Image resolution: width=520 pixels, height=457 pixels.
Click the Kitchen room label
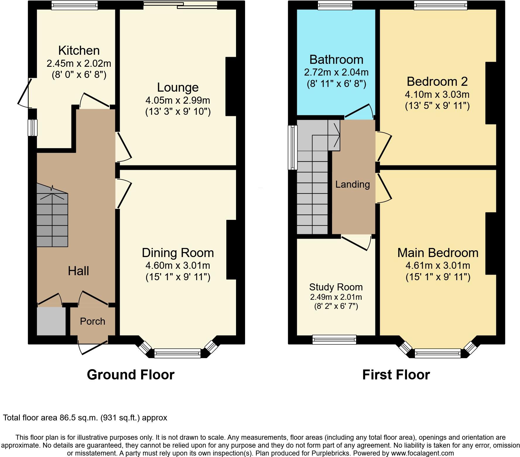click(79, 50)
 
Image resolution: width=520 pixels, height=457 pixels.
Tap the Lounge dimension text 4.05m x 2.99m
click(177, 100)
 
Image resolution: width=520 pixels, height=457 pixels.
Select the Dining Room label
click(177, 253)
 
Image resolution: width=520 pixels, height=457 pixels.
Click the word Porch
click(93, 321)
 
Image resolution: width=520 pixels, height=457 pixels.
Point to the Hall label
click(78, 271)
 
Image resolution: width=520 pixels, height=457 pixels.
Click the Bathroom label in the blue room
click(336, 59)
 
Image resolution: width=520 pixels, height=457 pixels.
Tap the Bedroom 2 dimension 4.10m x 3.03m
click(437, 94)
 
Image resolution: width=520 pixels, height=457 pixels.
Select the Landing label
click(352, 184)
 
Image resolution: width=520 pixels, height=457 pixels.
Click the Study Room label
click(336, 287)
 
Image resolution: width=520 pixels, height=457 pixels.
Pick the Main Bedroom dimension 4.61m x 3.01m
click(437, 266)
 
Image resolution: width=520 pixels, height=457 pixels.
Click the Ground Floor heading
click(131, 375)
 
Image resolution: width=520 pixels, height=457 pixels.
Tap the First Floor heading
click(396, 375)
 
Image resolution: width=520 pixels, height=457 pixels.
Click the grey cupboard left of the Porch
click(51, 321)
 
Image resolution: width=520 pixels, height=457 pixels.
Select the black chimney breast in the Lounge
click(231, 86)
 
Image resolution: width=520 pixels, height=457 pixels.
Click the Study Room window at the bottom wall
click(334, 339)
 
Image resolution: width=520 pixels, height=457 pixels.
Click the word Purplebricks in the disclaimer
click(332, 453)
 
